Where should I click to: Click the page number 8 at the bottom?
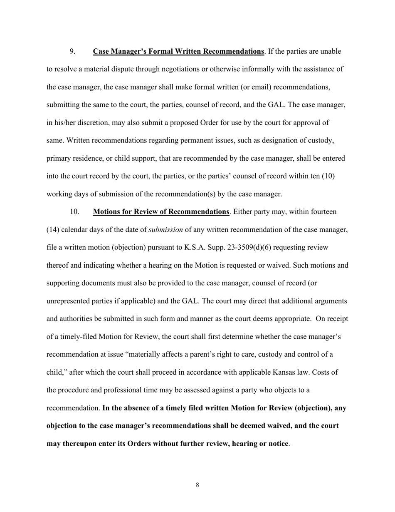pyautogui.click(x=197, y=485)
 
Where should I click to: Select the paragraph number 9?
pyautogui.click(x=72, y=51)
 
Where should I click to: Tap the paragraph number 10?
pyautogui.click(x=74, y=211)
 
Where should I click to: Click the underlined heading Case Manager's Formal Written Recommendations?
pyautogui.click(x=178, y=51)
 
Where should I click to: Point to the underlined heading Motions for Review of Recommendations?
pyautogui.click(x=161, y=211)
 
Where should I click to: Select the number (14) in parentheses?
pyautogui.click(x=53, y=229)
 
